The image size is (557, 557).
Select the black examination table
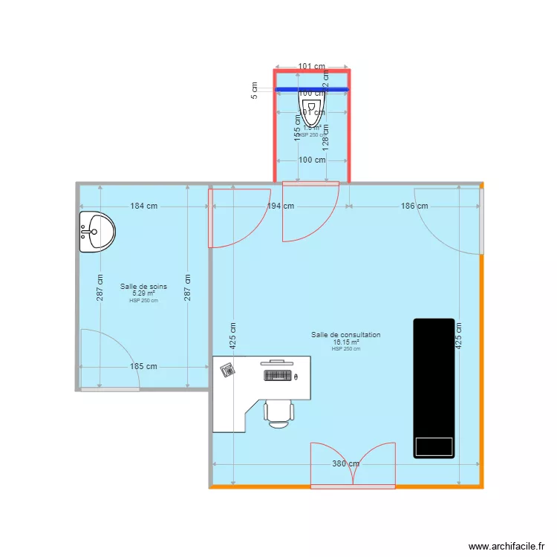pos(434,388)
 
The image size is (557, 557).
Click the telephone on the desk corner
pos(227,368)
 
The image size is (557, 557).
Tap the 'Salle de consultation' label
pos(345,335)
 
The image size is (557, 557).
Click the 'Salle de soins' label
pos(143,287)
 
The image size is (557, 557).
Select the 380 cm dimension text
pos(345,464)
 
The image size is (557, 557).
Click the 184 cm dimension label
pos(145,206)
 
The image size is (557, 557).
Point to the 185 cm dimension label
pos(145,366)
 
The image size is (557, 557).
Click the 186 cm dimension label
pos(414,206)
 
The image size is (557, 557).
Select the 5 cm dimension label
pos(255,91)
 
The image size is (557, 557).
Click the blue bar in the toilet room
pos(312,90)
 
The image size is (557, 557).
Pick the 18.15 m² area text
pos(345,342)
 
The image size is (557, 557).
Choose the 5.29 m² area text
pos(143,293)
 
